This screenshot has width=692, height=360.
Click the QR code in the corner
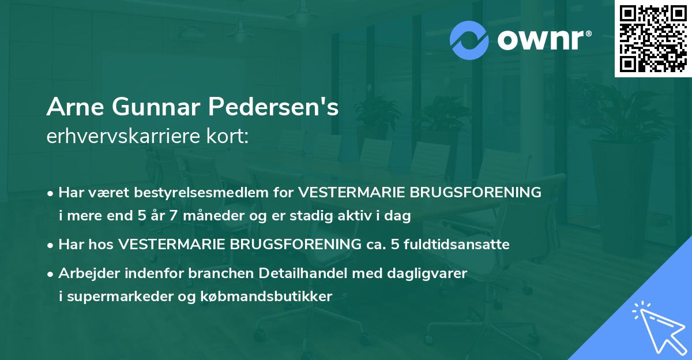click(x=653, y=39)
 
